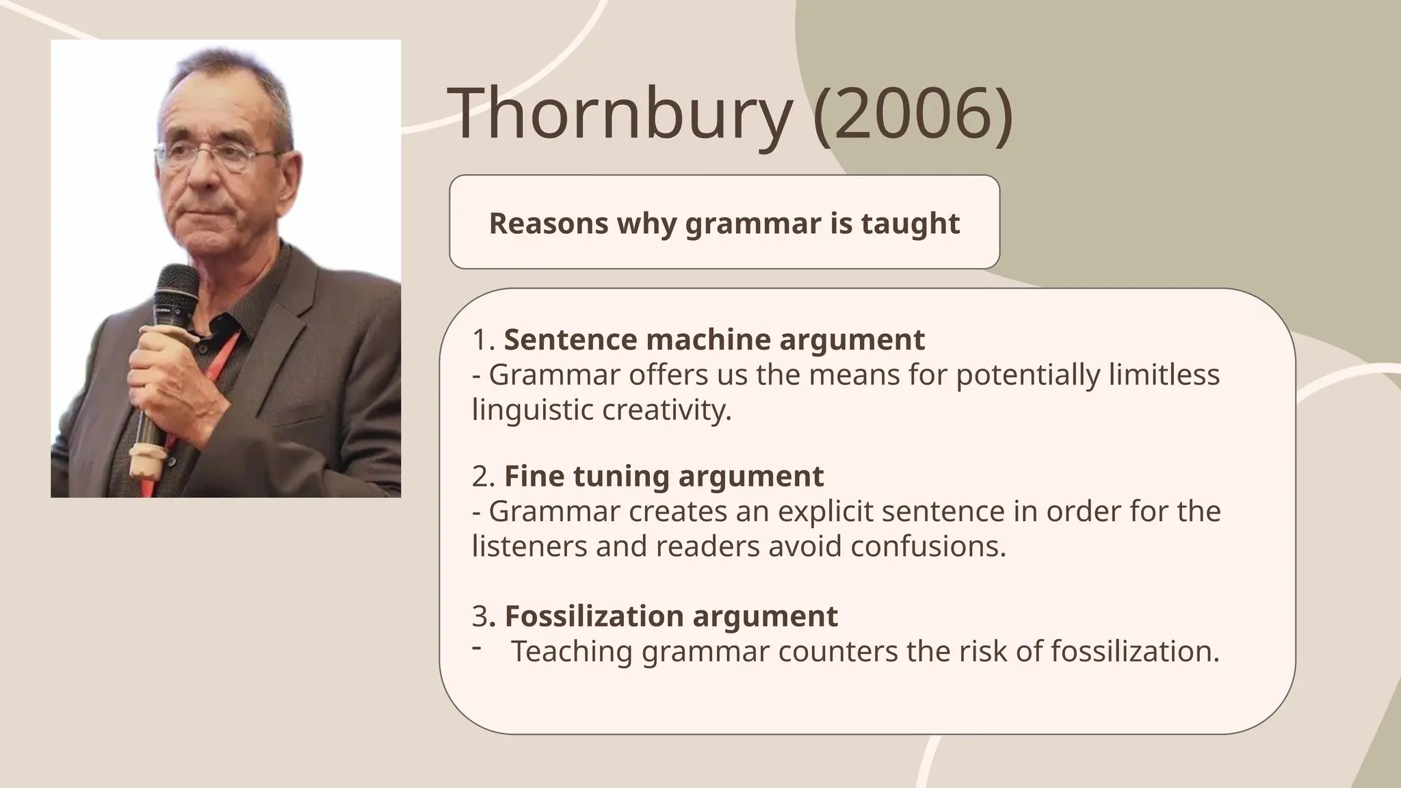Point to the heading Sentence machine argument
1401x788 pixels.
pos(714,340)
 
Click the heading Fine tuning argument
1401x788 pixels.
pos(664,476)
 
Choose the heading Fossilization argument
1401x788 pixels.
pos(670,616)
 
